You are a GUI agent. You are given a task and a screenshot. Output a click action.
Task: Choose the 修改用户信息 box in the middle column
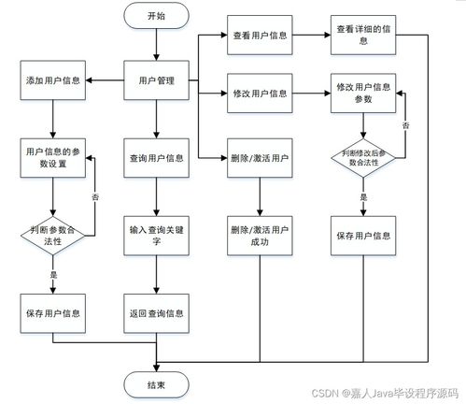point(259,94)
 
